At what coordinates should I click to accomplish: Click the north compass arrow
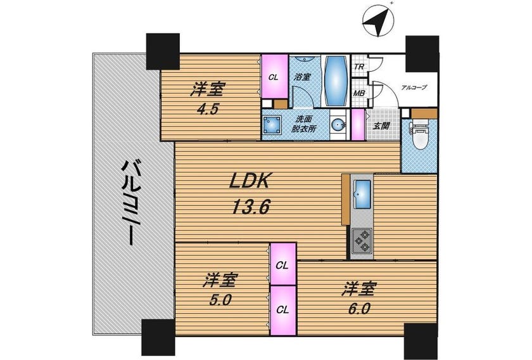pos(377,21)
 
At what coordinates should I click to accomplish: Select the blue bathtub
pos(336,81)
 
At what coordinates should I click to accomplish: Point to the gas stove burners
pos(362,241)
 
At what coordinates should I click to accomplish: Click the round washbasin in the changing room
pos(338,125)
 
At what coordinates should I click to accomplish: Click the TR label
pos(359,67)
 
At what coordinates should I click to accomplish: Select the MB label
pos(359,93)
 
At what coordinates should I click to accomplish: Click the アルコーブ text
pos(414,87)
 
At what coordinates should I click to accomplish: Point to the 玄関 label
pos(381,126)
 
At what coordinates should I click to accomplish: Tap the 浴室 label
pos(302,77)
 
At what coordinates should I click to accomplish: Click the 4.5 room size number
pos(208,109)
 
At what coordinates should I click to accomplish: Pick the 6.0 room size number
pos(358,309)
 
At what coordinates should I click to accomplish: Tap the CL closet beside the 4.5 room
pos(274,77)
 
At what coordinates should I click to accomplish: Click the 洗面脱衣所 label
pos(304,124)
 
